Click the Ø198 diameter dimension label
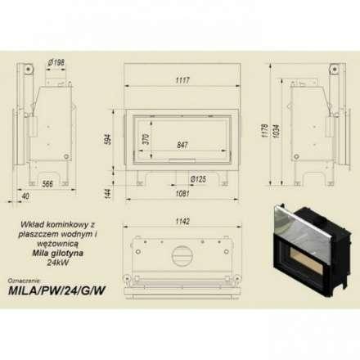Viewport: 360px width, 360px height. [56, 62]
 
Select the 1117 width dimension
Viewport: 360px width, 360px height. [182, 80]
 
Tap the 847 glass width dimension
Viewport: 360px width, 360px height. [182, 145]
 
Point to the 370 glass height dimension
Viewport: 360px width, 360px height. [146, 139]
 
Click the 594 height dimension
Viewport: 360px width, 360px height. [108, 139]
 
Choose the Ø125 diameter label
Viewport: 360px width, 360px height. [198, 179]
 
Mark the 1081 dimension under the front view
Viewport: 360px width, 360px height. [182, 194]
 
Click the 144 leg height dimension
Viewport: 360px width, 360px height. [108, 193]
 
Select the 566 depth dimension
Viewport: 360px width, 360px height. [47, 183]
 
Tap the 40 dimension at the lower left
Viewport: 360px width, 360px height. [25, 196]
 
